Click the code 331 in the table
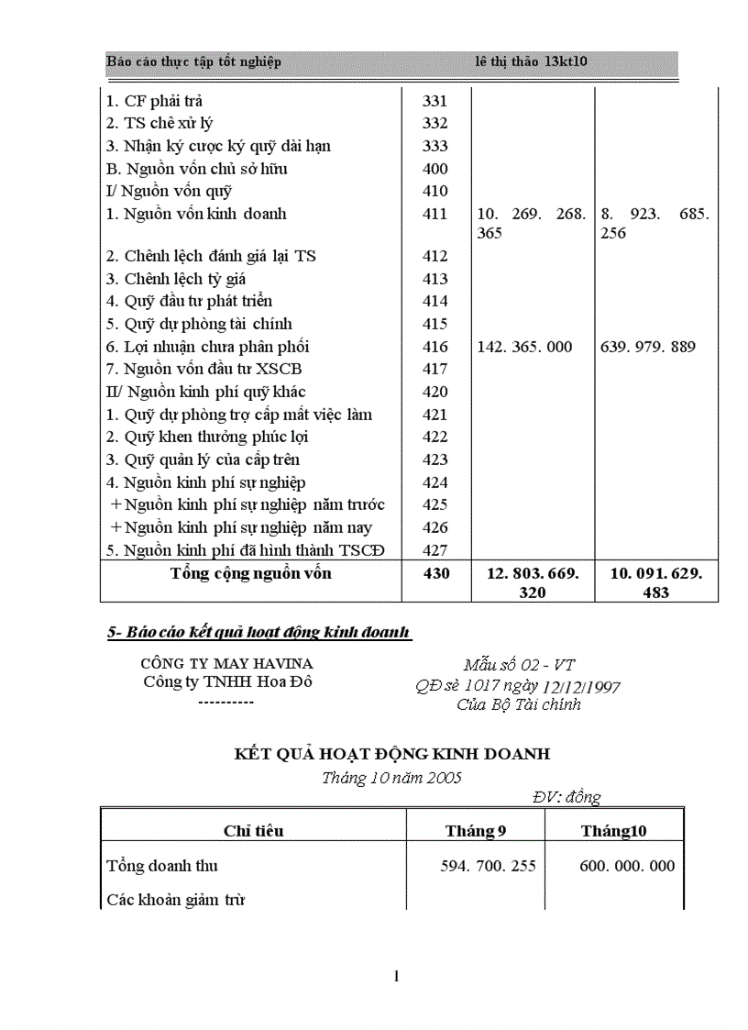434,101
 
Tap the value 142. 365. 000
524,347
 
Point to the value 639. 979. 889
647,347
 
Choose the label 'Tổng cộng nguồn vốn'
250,574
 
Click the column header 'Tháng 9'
476,831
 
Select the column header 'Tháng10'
613,831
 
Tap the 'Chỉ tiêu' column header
253,831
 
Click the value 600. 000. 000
627,866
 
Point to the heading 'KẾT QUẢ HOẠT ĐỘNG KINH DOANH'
392,754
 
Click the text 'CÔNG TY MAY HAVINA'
226,663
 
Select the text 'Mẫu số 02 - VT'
519,665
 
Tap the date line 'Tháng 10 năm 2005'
391,778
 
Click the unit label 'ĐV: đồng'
566,797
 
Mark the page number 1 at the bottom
396,977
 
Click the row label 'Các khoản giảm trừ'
175,900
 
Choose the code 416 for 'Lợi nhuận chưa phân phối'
435,347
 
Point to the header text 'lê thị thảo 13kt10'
532,61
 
